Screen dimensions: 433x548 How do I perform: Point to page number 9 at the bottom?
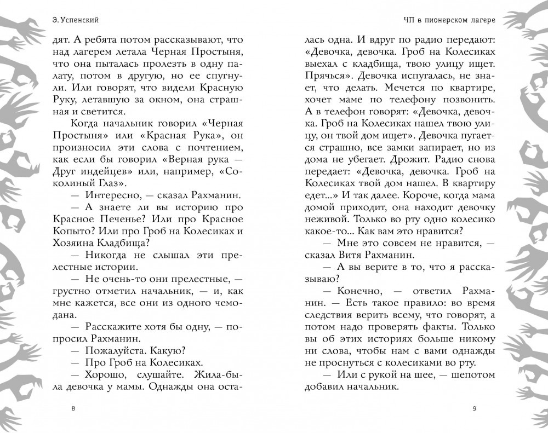[474, 408]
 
